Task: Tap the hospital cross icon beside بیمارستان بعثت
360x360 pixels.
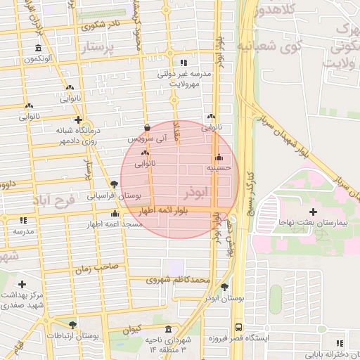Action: point(313,211)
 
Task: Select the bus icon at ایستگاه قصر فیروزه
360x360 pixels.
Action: point(239,328)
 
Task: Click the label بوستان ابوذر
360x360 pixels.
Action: point(224,298)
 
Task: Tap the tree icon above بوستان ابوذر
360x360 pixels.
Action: point(224,287)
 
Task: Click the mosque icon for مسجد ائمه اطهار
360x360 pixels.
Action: point(115,213)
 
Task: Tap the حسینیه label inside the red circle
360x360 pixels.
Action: point(219,169)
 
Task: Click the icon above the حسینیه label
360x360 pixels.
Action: point(220,157)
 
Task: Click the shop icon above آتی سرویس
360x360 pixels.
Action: point(147,128)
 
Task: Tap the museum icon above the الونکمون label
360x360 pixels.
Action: point(38,48)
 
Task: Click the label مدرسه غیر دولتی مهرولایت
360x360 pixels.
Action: point(184,77)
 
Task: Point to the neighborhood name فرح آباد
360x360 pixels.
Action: point(53,202)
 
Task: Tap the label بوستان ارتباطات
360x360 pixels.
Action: point(73,336)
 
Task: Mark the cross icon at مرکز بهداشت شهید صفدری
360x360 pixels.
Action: point(22,285)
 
